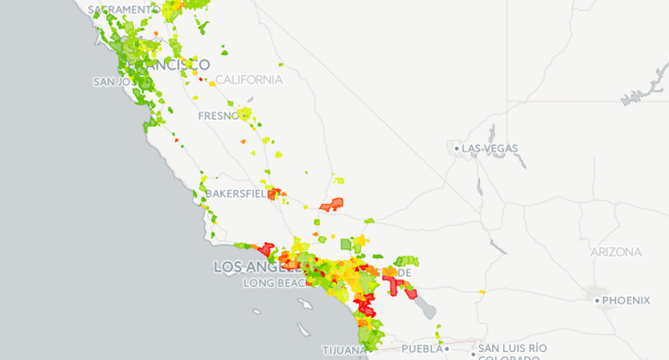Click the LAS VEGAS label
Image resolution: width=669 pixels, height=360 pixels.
[490, 147]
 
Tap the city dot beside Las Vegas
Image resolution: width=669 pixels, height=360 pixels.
[456, 147]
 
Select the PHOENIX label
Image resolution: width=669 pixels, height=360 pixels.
[627, 300]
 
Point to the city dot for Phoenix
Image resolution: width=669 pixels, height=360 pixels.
[597, 300]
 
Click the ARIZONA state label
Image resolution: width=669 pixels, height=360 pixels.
[618, 252]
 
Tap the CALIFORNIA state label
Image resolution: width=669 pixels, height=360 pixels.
[248, 80]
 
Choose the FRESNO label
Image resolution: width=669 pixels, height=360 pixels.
[219, 117]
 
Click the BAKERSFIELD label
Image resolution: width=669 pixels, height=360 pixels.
[235, 195]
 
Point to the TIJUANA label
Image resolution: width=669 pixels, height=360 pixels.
[344, 351]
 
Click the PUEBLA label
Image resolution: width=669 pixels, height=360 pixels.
[422, 349]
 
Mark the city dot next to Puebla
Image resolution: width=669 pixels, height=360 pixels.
[447, 349]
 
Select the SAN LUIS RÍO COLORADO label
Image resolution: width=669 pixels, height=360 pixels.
[511, 354]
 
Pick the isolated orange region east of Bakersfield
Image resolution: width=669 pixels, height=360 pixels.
[332, 205]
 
